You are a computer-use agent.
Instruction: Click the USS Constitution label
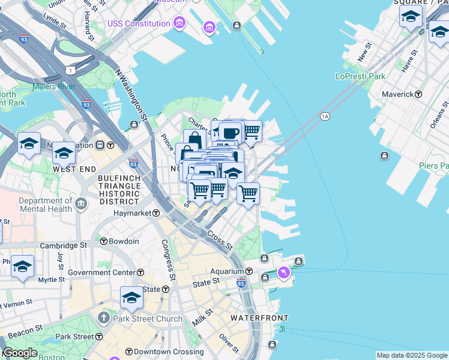[139, 23]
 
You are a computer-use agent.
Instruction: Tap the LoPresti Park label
[360, 77]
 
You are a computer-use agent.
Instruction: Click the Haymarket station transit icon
[155, 213]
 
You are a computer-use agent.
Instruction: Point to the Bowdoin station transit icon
[103, 241]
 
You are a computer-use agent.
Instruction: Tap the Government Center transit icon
[140, 272]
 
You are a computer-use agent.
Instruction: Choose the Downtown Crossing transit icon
[128, 351]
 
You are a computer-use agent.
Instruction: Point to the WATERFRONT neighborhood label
[260, 317]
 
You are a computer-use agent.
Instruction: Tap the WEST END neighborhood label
[72, 169]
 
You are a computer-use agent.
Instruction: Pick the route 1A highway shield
[325, 116]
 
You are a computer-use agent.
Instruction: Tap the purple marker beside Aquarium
[283, 273]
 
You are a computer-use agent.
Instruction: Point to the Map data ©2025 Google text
[412, 355]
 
